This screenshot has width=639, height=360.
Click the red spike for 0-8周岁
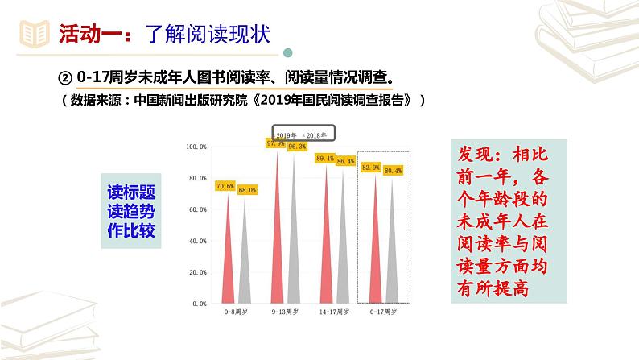[225, 258]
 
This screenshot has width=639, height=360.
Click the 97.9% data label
[276, 143]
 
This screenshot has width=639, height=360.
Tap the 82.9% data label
[372, 167]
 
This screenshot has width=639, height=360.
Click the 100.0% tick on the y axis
[196, 147]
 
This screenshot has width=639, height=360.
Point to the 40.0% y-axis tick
[197, 241]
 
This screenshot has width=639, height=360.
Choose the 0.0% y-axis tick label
[199, 304]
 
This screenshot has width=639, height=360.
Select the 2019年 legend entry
[286, 134]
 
